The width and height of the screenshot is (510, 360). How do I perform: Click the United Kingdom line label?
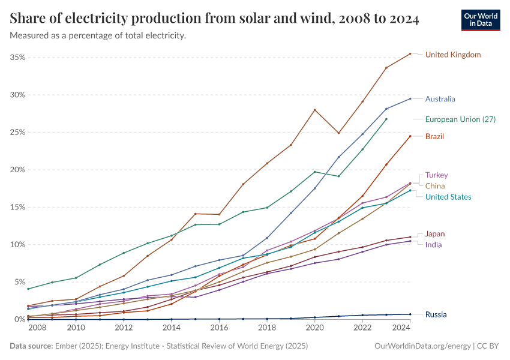[453, 55]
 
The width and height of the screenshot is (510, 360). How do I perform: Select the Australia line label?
[440, 99]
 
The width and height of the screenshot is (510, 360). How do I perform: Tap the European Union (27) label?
[460, 119]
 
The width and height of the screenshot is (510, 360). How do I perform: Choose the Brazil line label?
[434, 137]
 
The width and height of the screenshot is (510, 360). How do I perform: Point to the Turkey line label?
[436, 175]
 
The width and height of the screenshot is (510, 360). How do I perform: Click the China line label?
[435, 186]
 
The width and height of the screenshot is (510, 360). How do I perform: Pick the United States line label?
[448, 197]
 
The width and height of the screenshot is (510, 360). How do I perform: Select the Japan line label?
[435, 234]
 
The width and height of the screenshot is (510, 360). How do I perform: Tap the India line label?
[434, 245]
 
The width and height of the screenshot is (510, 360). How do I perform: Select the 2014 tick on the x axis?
[172, 328]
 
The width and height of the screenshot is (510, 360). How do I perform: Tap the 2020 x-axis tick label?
[315, 328]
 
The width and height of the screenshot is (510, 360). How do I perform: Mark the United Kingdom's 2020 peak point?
[315, 110]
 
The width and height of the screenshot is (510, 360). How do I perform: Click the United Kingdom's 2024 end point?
[410, 54]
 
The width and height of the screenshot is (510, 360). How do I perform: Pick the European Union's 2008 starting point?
[28, 289]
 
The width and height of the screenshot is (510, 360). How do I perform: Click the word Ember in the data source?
[64, 346]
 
